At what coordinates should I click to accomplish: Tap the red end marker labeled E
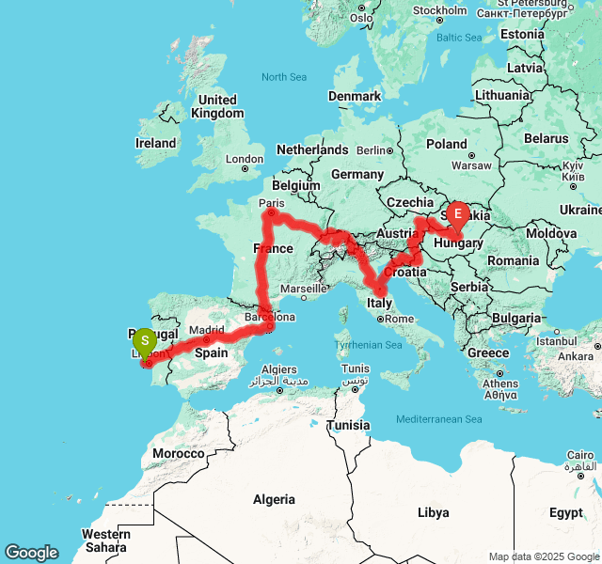pyautogui.click(x=458, y=215)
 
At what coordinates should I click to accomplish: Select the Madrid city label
pyautogui.click(x=206, y=330)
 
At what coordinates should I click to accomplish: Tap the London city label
pyautogui.click(x=245, y=160)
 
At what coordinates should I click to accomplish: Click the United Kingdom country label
pyautogui.click(x=217, y=106)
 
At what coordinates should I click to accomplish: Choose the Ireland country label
pyautogui.click(x=155, y=143)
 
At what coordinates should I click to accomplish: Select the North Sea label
pyautogui.click(x=285, y=77)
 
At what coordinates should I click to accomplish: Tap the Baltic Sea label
pyautogui.click(x=458, y=38)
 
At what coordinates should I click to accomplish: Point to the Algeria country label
pyautogui.click(x=273, y=499)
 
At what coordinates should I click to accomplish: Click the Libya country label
pyautogui.click(x=433, y=512)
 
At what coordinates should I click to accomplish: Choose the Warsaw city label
pyautogui.click(x=471, y=164)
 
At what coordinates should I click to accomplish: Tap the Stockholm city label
pyautogui.click(x=439, y=11)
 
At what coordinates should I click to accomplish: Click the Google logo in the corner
pyautogui.click(x=32, y=553)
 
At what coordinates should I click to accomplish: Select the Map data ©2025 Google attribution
pyautogui.click(x=544, y=556)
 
